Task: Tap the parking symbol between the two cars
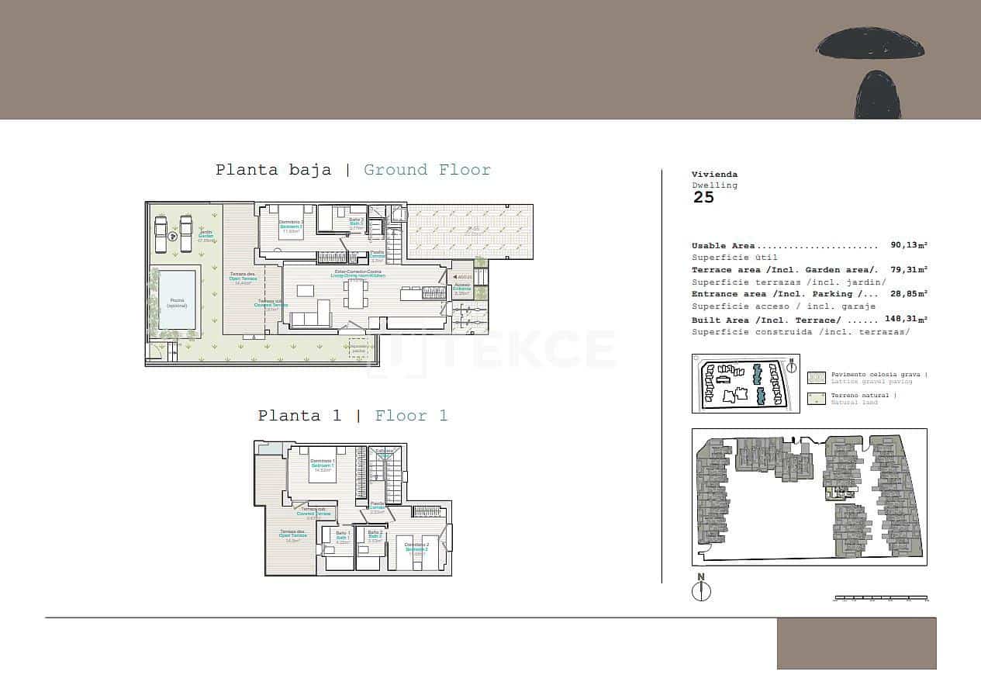click(x=174, y=237)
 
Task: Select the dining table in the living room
click(x=356, y=293)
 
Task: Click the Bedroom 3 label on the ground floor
click(x=292, y=226)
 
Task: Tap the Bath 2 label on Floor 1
click(x=375, y=535)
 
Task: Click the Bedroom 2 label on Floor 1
click(x=416, y=548)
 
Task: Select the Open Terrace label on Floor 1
click(x=293, y=534)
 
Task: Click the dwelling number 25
click(x=703, y=197)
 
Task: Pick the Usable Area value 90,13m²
click(x=909, y=245)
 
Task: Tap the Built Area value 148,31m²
click(x=906, y=319)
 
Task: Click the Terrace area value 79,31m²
click(x=909, y=269)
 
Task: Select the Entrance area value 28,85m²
click(x=909, y=293)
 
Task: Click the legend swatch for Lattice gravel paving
click(x=817, y=378)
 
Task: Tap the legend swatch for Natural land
click(x=817, y=399)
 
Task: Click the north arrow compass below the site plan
click(x=701, y=589)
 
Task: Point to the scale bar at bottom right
click(x=880, y=598)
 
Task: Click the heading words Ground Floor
click(x=427, y=170)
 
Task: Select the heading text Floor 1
click(x=411, y=416)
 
